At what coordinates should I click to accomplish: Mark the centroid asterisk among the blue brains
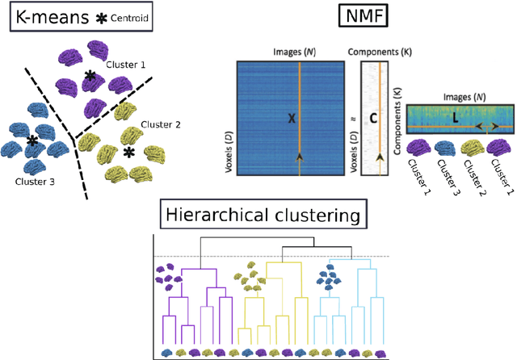[32, 140]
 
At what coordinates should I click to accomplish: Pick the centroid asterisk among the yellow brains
[128, 152]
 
